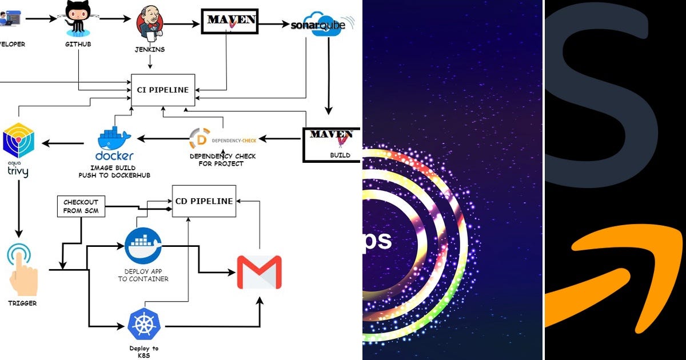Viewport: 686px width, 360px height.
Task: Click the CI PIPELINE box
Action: [x=163, y=90]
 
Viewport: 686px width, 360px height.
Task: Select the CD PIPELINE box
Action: [x=204, y=201]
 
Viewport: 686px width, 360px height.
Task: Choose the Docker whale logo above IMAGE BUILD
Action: [x=115, y=141]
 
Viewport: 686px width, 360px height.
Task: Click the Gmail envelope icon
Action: [x=259, y=271]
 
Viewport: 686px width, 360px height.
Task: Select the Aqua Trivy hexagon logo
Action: [x=18, y=139]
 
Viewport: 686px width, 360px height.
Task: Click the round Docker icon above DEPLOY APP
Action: [x=143, y=246]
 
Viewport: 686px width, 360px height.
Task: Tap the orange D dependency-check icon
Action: [x=200, y=139]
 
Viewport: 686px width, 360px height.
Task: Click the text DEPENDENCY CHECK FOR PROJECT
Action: [x=222, y=160]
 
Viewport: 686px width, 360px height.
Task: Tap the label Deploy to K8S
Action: [x=144, y=351]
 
